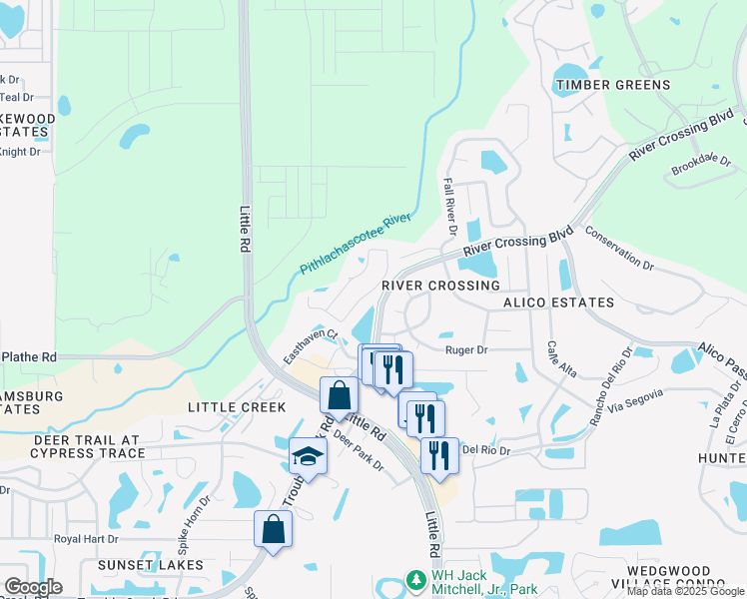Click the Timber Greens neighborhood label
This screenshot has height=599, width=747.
[613, 85]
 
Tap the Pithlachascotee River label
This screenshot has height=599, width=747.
[357, 244]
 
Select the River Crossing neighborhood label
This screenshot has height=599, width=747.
[440, 286]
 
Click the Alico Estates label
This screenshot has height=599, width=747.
[558, 302]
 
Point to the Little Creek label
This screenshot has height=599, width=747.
[237, 407]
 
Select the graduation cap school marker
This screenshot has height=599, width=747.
[309, 457]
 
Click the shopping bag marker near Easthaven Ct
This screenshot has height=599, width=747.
[339, 394]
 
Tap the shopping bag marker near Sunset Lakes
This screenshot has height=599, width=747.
[273, 529]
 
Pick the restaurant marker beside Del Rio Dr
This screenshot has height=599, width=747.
[439, 454]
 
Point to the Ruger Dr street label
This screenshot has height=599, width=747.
[466, 350]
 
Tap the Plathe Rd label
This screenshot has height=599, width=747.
[29, 356]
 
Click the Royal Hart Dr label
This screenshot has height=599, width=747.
[87, 538]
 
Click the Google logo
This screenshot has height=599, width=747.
[32, 587]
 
